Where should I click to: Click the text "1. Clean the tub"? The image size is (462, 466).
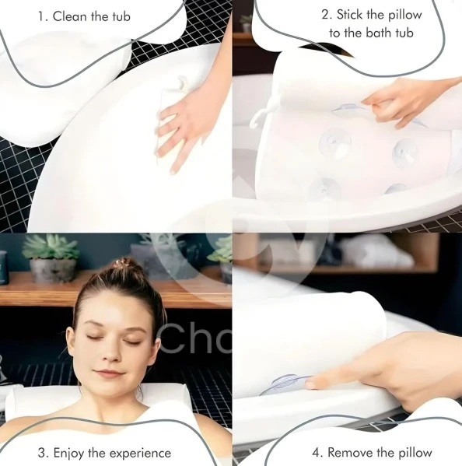pos(92,16)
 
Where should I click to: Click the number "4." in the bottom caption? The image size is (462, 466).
pos(317,452)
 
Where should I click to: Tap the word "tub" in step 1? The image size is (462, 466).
pos(120,16)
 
